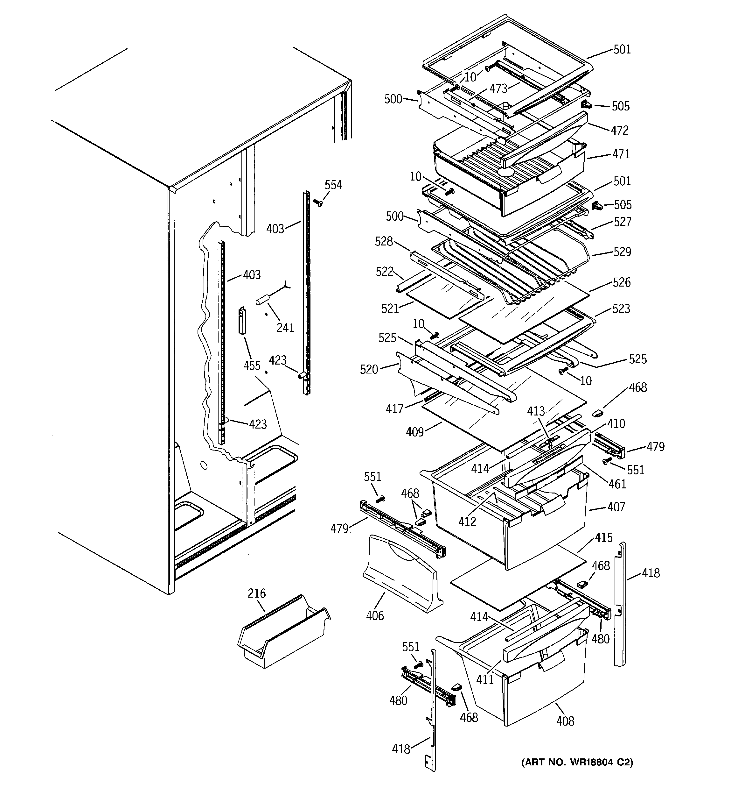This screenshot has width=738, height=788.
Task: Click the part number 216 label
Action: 256,593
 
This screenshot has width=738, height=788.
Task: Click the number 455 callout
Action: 252,366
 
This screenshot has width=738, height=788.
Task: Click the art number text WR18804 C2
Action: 577,762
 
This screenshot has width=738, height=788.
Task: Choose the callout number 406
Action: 375,615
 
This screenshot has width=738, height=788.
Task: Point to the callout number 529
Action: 622,252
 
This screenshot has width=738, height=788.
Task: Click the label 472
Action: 620,131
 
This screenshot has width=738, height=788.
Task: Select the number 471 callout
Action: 621,154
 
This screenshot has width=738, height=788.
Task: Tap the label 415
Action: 603,538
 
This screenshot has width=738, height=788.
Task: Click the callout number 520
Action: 369,369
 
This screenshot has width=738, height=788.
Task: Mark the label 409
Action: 415,432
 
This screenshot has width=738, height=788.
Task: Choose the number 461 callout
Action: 617,484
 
